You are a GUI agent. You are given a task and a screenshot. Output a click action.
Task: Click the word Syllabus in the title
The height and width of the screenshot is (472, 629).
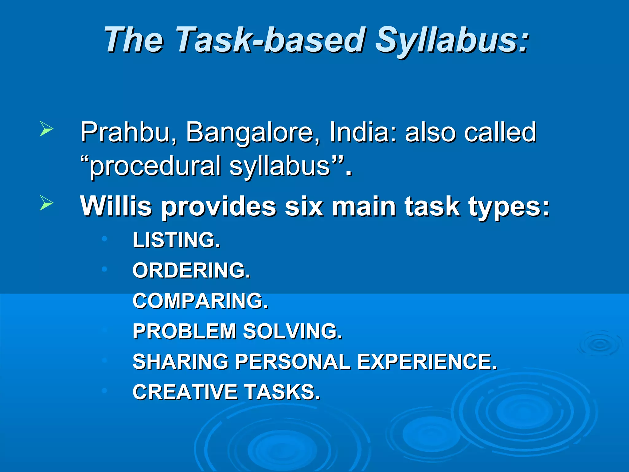click(x=452, y=40)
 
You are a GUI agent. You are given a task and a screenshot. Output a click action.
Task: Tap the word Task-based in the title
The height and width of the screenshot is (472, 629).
click(x=271, y=40)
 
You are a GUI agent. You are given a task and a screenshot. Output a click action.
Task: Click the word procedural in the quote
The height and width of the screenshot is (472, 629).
click(x=155, y=166)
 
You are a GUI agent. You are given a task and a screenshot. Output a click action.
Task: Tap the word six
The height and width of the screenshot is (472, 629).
click(x=304, y=206)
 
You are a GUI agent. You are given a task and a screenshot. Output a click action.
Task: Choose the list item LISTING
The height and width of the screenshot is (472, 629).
click(x=177, y=240)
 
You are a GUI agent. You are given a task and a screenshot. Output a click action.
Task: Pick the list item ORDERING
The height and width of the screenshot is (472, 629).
click(x=191, y=270)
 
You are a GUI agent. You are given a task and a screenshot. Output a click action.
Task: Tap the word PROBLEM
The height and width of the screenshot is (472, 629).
click(x=184, y=331)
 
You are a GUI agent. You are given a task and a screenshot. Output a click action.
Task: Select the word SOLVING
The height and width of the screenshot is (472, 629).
click(x=292, y=331)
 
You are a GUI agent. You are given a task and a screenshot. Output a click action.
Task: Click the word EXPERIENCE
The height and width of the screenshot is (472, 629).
click(x=427, y=362)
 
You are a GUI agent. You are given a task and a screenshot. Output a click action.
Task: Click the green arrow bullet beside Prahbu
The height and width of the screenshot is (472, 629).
click(x=46, y=129)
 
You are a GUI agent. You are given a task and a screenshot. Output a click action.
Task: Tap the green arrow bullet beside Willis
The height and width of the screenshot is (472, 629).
click(x=46, y=203)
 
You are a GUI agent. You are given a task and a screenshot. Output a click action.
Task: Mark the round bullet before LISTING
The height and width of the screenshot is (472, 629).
click(x=104, y=238)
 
